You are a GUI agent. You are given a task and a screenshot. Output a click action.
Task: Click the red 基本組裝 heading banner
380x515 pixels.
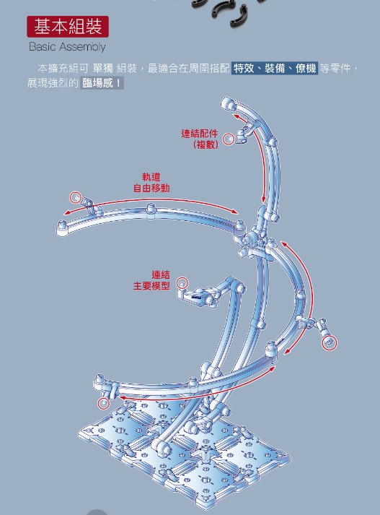click(68, 26)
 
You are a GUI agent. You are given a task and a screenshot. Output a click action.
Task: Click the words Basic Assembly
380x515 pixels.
click(67, 47)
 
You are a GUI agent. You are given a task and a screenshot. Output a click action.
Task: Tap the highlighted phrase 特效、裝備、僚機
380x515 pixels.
click(275, 69)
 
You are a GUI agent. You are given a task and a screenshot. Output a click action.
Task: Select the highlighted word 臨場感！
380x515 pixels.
click(102, 83)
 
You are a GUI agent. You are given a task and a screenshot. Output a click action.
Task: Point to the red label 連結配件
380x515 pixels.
click(199, 134)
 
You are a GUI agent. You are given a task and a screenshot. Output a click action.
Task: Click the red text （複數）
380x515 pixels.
click(206, 144)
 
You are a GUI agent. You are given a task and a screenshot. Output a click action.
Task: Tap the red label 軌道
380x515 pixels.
click(151, 177)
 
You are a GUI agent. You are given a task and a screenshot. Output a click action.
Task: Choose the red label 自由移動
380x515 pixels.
click(151, 189)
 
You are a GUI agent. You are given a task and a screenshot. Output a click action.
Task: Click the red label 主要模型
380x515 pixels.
click(151, 286)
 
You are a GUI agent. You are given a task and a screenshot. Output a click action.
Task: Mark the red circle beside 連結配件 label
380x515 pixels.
click(229, 139)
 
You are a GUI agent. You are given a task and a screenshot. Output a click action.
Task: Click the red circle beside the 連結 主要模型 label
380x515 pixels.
click(182, 283)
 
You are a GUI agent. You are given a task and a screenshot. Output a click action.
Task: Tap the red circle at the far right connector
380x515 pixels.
click(329, 343)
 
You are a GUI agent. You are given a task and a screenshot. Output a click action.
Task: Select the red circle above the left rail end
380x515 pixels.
click(76, 198)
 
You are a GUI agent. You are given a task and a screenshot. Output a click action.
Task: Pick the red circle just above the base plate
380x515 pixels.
click(104, 403)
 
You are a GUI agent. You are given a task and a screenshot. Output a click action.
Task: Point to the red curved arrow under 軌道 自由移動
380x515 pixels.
click(151, 199)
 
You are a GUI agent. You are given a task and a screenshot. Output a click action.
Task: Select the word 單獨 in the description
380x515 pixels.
click(102, 69)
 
